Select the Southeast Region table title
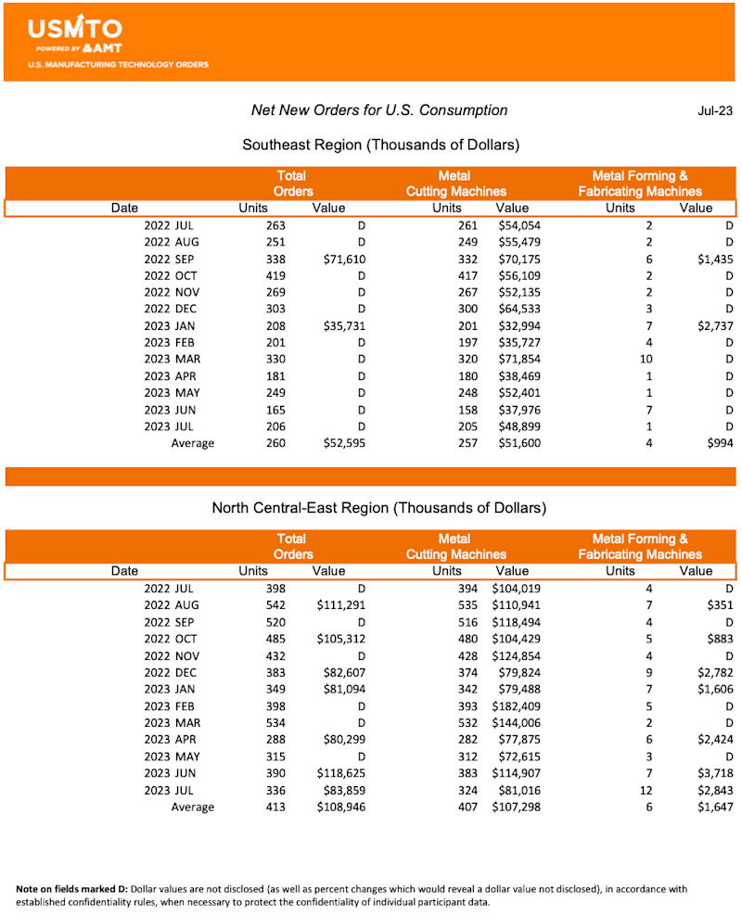380,145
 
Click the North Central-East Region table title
379,508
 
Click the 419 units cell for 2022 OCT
274,275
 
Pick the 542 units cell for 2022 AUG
274,605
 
